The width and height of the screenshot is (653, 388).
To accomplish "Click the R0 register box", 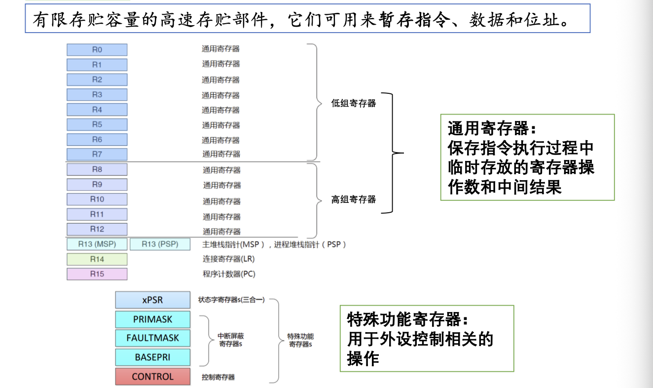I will coord(97,49).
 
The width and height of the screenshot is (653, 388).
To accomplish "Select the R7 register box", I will coord(97,154).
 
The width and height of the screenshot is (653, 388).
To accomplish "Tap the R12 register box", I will coord(97,229).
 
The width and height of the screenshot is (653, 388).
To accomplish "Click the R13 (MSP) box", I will coord(97,244).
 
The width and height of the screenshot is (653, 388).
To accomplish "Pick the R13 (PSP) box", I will coord(160,244).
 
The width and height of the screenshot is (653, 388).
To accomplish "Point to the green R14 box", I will coord(97,259).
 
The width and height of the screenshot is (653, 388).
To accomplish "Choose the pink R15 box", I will coord(97,274).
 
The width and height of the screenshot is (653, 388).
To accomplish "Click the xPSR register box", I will coord(152,300).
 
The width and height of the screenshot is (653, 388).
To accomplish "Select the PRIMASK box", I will coord(152,319).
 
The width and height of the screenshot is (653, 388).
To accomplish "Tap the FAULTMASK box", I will coord(152,338).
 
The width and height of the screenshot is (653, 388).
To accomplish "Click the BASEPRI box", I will coord(152,357).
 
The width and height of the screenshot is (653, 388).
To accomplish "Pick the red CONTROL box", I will coord(152,377).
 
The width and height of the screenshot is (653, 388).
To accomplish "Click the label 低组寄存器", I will coord(353,103).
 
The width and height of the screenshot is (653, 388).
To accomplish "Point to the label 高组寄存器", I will coord(353,199).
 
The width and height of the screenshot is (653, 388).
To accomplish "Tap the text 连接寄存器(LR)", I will coord(228,259).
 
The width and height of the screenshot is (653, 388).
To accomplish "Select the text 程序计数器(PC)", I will coord(229,274).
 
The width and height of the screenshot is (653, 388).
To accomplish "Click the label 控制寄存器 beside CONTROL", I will coord(218,377).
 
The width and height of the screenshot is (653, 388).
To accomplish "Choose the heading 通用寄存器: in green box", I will coord(491,129).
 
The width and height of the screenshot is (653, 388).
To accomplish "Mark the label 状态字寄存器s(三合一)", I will coord(231,300).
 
